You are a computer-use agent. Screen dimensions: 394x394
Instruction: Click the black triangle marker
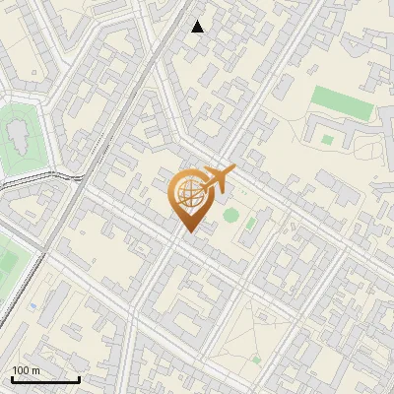tap(198, 27)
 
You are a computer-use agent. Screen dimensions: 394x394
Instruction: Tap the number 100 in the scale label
tap(19, 370)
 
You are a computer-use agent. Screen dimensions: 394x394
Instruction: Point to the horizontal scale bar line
tap(45, 380)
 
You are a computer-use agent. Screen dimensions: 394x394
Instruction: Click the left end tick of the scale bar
tap(12, 378)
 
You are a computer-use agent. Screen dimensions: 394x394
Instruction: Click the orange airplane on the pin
tap(218, 178)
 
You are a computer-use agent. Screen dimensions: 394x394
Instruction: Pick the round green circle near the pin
tap(230, 215)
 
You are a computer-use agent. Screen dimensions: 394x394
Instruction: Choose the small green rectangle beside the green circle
tap(251, 224)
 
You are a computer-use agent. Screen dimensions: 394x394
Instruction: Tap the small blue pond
tap(33, 306)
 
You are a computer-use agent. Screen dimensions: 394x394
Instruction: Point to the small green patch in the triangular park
tap(255, 360)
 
